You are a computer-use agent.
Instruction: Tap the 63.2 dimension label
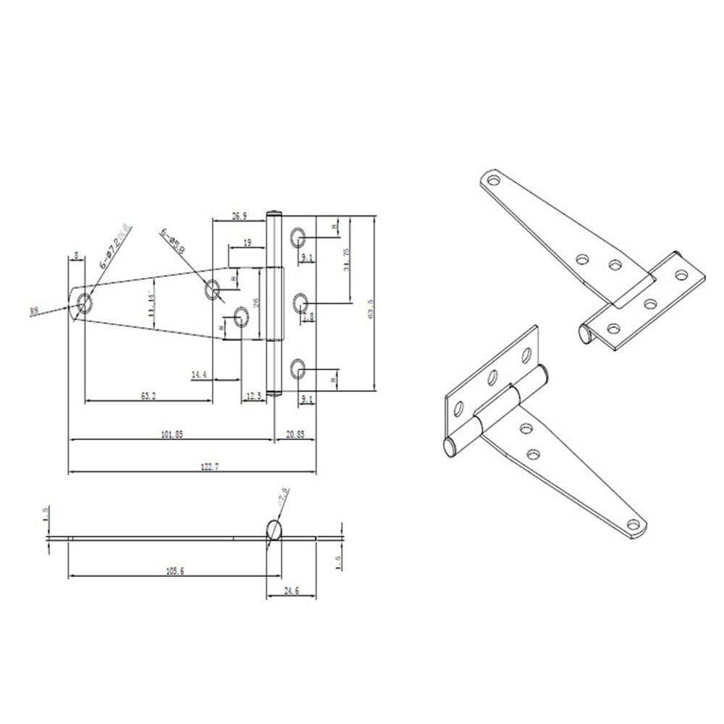click(148, 395)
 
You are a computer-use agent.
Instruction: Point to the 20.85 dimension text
click(295, 434)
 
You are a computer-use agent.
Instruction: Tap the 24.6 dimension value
click(292, 591)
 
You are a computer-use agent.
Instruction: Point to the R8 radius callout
click(34, 312)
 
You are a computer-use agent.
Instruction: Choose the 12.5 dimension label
click(253, 395)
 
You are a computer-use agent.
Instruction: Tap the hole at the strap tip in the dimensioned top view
click(85, 303)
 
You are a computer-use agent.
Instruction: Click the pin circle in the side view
click(274, 530)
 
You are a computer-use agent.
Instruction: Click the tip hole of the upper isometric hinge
click(494, 178)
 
